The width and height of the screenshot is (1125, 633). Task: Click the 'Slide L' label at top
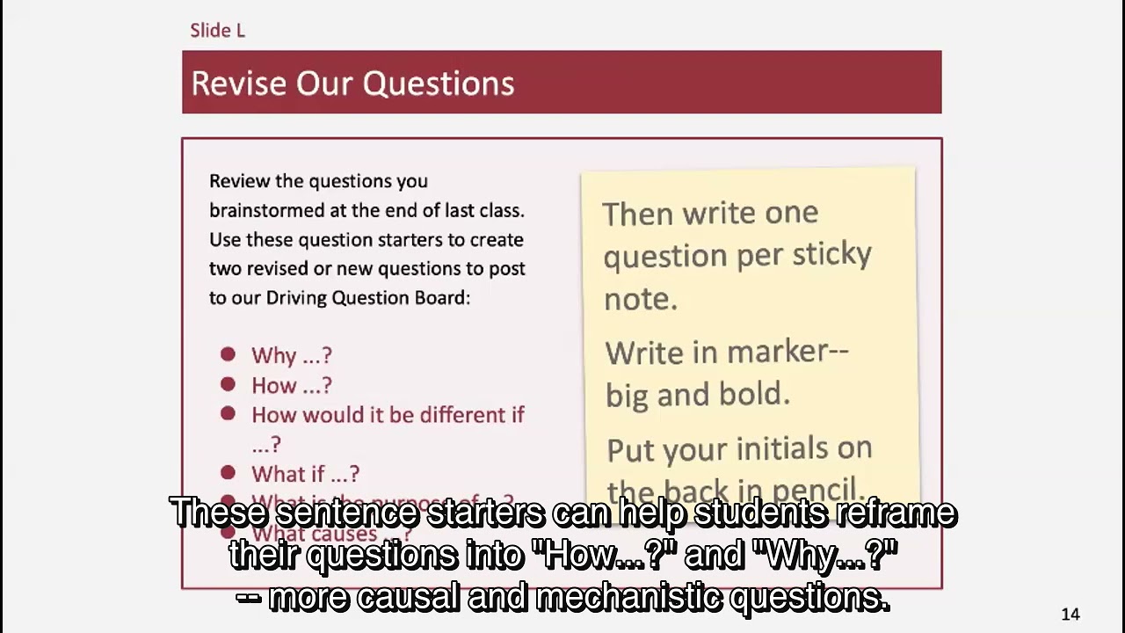pos(217,30)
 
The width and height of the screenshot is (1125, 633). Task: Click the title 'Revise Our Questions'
pos(352,83)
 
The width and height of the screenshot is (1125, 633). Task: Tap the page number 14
pos(1070,615)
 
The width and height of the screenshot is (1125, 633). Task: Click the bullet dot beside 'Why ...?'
pos(229,354)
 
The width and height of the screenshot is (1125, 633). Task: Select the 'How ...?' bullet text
pos(291,385)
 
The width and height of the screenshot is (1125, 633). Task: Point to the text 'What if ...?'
pos(305,474)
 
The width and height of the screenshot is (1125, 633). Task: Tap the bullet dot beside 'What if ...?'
pos(229,473)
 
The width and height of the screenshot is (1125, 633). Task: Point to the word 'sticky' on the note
pos(831,254)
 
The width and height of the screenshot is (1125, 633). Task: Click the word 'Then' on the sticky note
pos(637,214)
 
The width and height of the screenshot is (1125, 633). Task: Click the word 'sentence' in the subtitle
pos(352,513)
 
